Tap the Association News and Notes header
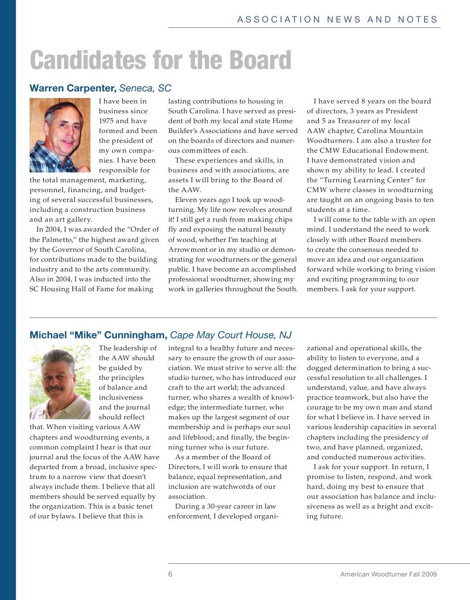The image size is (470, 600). click(337, 20)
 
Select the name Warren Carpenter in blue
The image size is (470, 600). click(72, 88)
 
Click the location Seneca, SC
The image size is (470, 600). click(146, 88)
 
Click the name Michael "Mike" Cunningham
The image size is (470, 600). click(98, 335)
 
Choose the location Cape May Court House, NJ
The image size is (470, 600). click(231, 335)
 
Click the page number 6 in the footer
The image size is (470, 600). click(170, 574)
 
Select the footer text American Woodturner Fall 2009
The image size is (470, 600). click(388, 574)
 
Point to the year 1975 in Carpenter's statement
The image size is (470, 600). click(107, 121)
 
